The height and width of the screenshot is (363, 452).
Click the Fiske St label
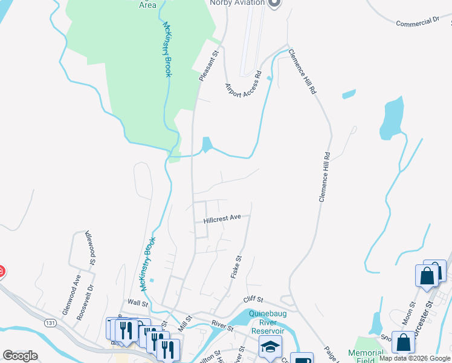(236, 266)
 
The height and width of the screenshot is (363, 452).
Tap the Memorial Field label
(366, 356)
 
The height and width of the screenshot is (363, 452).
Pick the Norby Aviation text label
(237, 3)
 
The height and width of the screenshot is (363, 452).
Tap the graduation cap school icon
(270, 347)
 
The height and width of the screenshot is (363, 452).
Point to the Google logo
(20, 356)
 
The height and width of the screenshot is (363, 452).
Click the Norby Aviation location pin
(274, 3)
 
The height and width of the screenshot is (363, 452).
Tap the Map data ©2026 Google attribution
(415, 359)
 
